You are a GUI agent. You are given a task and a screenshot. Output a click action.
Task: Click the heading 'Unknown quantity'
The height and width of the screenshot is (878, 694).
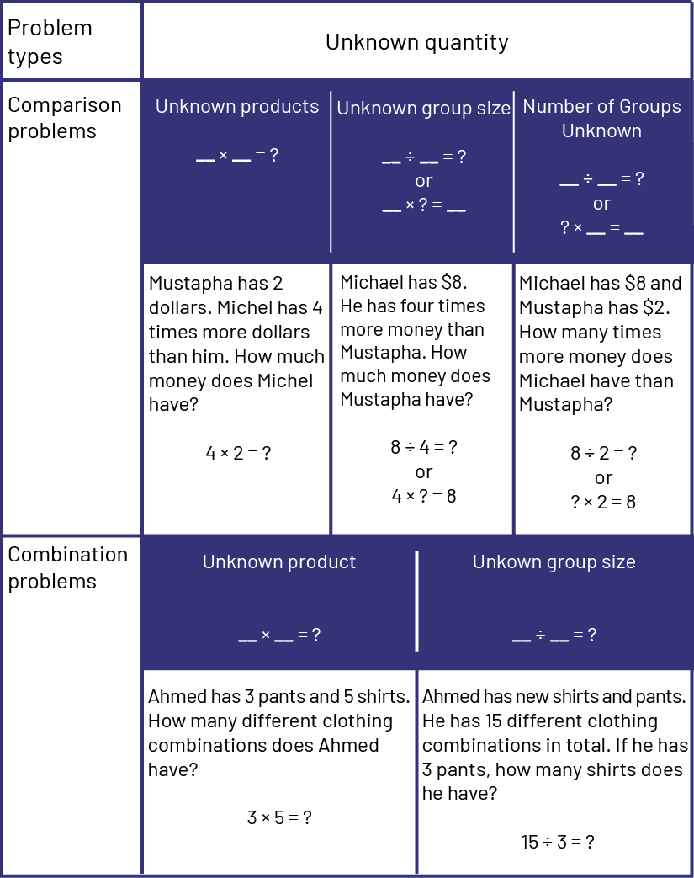416,42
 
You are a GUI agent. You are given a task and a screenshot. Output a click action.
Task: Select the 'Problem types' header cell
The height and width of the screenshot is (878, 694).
50,41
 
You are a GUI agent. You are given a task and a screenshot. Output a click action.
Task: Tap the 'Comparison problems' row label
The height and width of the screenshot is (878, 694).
65,118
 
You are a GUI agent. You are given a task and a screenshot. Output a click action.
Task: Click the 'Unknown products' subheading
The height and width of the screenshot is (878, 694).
237,107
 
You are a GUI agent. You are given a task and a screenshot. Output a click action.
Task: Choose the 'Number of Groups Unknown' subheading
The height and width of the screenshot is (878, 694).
601,119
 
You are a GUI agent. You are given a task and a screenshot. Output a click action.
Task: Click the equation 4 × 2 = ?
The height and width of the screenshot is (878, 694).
238,453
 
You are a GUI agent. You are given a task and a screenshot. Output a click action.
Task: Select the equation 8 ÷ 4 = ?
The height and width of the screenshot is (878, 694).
423,448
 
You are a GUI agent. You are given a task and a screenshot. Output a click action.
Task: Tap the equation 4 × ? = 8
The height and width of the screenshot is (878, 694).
423,496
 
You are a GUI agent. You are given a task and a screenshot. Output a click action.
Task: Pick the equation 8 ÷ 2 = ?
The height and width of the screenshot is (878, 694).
603,454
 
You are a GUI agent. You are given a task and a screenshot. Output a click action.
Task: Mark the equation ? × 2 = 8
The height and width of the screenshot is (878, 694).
603,503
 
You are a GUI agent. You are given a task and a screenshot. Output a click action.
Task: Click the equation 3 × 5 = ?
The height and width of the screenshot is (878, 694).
279,817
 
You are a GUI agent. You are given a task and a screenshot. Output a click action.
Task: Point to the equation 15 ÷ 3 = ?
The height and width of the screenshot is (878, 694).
558,842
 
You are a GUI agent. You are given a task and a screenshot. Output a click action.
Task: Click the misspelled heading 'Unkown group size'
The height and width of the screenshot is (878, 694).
554,562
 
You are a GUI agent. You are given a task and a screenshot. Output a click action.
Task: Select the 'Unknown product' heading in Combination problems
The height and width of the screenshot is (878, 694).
279,562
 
